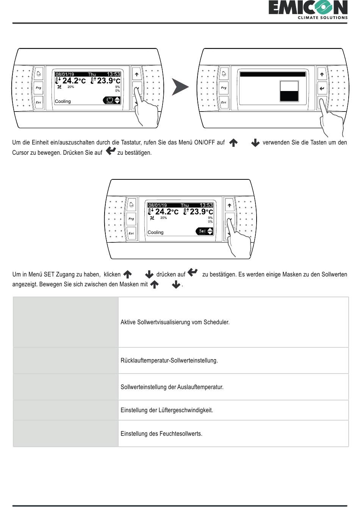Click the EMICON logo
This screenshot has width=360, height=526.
[x=308, y=9]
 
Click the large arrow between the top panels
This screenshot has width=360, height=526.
[x=180, y=87]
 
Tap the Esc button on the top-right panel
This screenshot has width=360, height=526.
[x=224, y=102]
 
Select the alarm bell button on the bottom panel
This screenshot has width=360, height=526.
[x=131, y=205]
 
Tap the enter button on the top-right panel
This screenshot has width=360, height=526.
[x=322, y=88]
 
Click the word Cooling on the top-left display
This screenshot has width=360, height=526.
[x=63, y=101]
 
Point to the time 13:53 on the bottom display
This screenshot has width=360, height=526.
[x=206, y=205]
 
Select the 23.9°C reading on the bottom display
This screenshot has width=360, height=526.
[x=198, y=212]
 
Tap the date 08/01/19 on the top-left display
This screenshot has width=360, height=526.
[x=65, y=74]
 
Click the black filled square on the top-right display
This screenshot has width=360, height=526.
[x=289, y=96]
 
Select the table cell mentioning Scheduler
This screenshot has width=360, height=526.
[x=233, y=322]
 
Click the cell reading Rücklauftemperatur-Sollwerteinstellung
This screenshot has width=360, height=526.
[x=233, y=361]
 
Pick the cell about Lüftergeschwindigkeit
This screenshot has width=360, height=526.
[x=233, y=410]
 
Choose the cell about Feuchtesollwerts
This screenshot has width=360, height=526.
[x=233, y=433]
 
